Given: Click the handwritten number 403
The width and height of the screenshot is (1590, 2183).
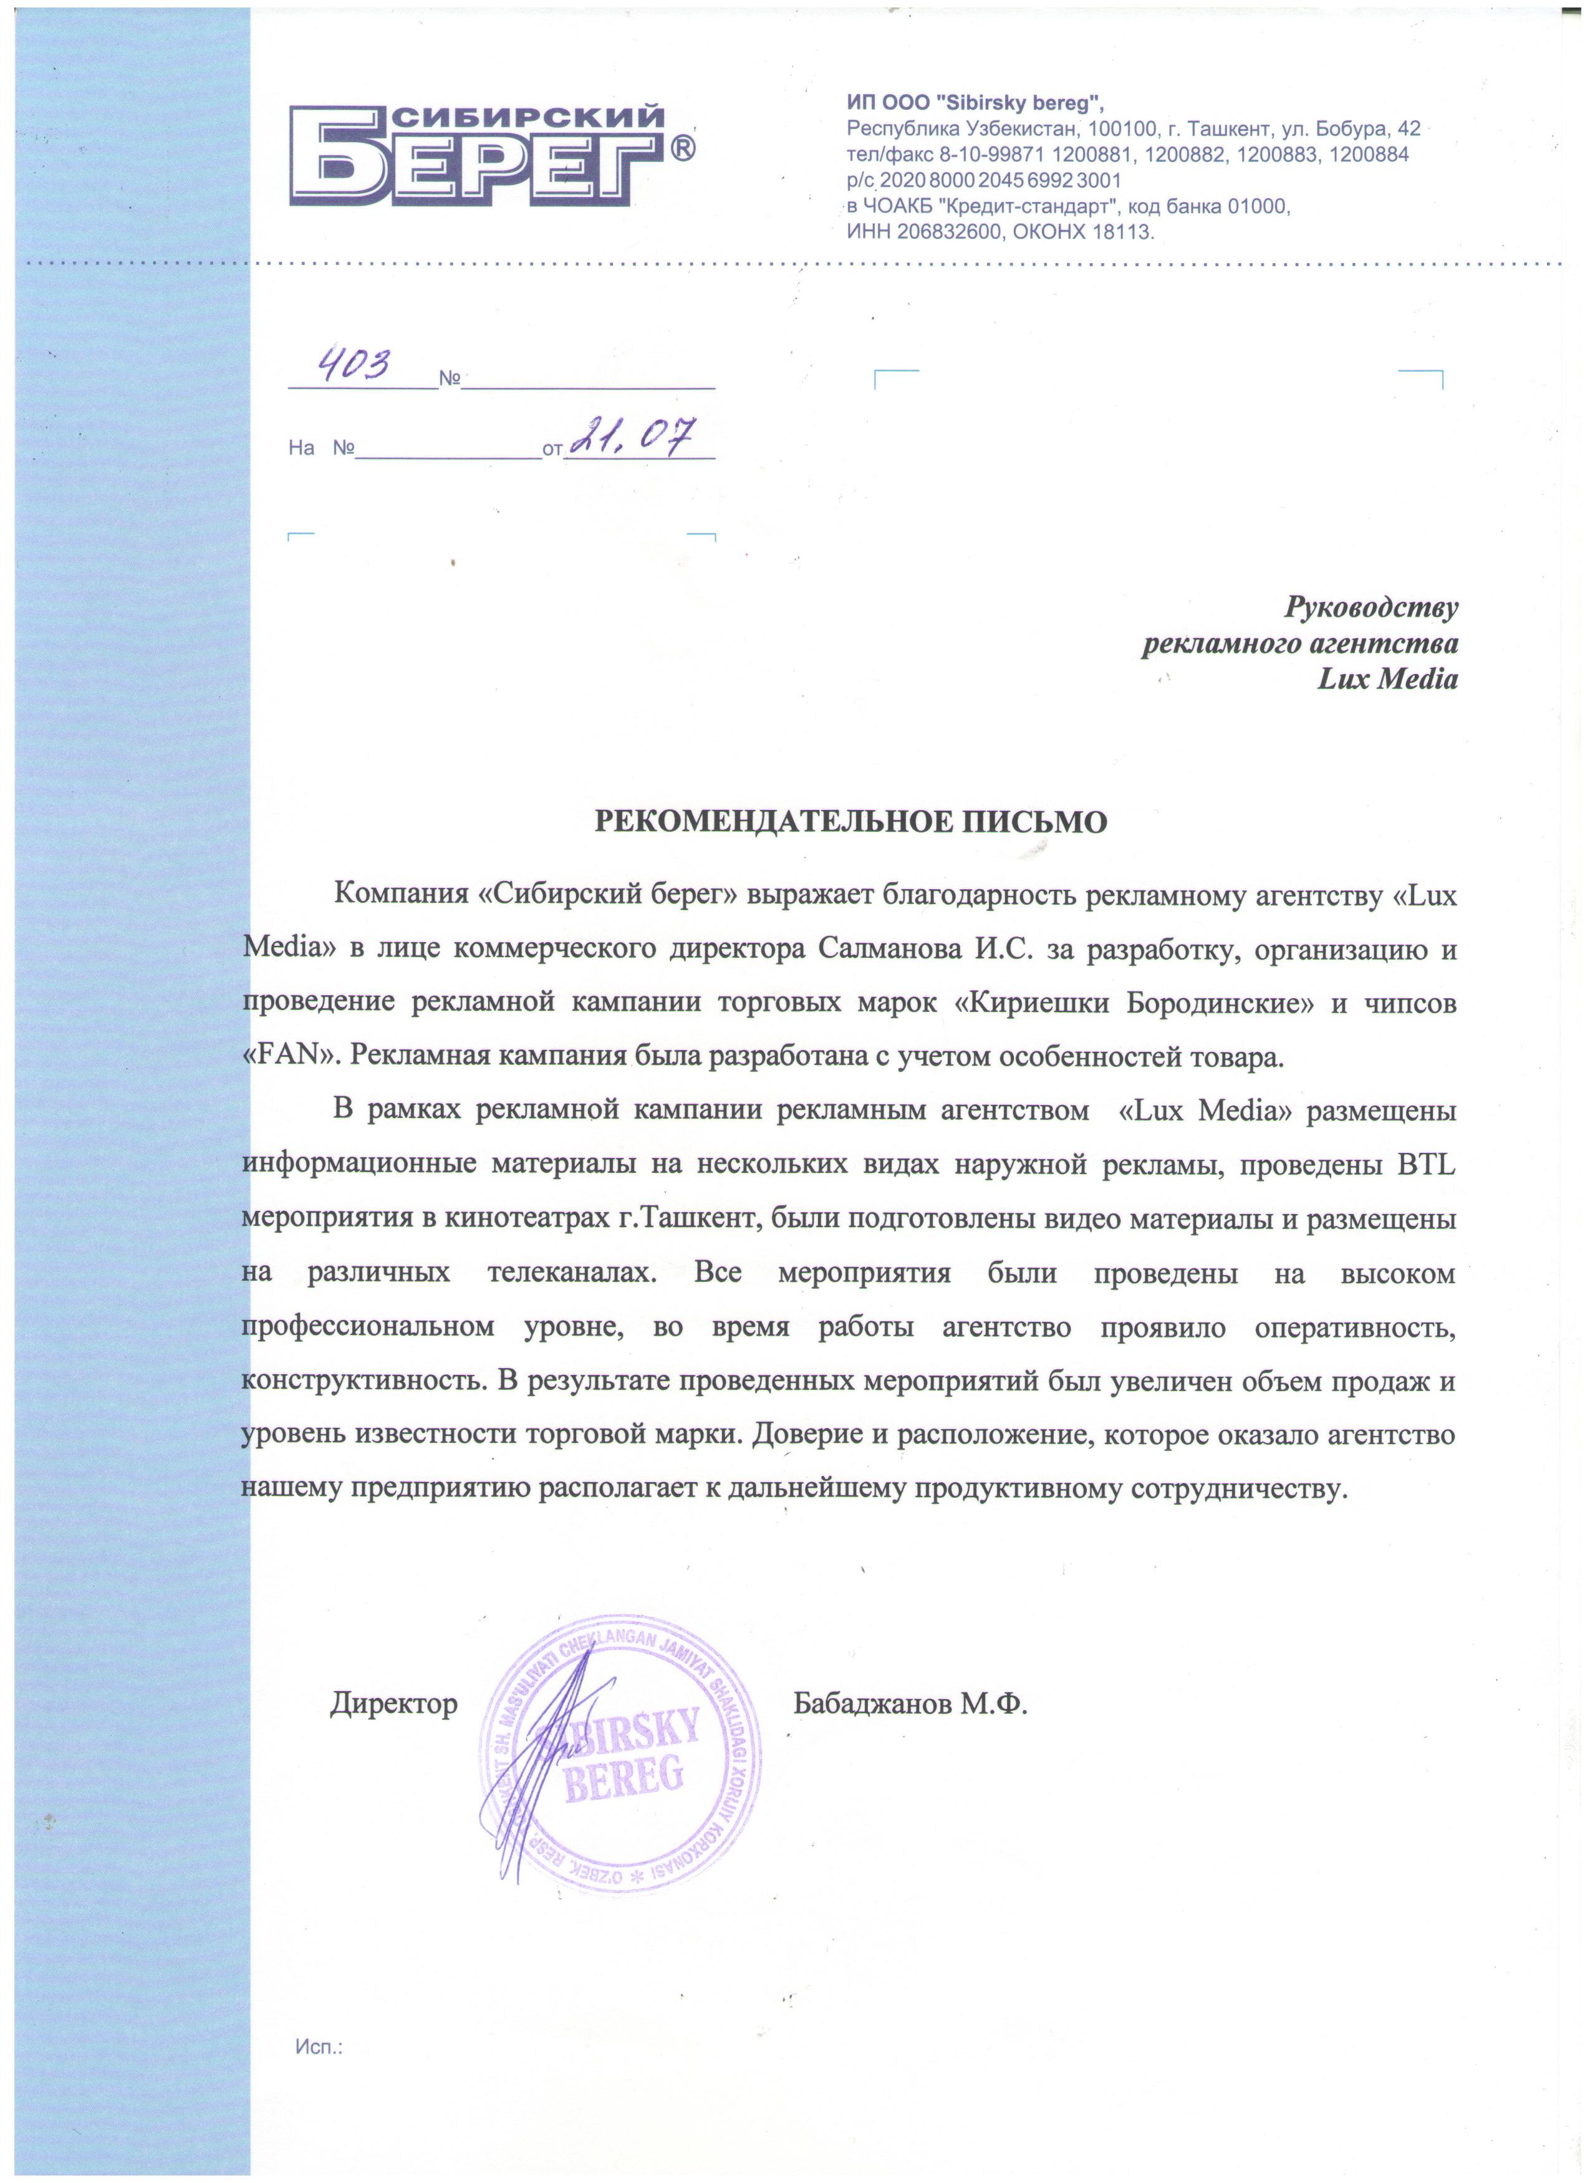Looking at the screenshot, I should click(356, 365).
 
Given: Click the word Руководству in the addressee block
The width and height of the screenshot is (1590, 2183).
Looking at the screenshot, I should click(1372, 609).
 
